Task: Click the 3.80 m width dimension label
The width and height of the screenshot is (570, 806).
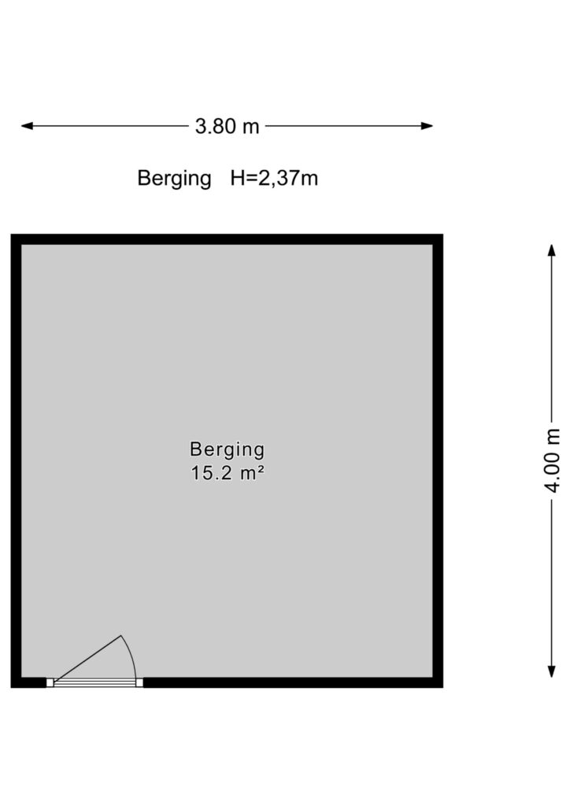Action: pos(227,126)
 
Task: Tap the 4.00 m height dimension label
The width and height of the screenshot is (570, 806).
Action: pos(552,460)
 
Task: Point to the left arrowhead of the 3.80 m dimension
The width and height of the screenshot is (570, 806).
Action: pos(27,126)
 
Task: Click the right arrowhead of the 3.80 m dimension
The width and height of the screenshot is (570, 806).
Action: pos(427,126)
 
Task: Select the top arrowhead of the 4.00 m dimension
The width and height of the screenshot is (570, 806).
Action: pos(551,250)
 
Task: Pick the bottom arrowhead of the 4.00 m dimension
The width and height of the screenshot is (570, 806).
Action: pos(551,671)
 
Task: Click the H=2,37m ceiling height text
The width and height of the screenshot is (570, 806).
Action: pos(274,179)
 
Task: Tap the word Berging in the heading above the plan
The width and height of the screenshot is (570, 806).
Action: pos(174,179)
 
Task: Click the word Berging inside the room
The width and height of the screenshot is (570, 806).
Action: pos(228,449)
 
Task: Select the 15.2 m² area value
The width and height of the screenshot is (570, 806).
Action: pos(228,473)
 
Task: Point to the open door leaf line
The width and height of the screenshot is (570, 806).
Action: pos(87,659)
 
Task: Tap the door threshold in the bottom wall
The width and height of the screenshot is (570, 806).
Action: pos(94,682)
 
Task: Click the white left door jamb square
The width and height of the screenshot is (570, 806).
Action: pos(50,682)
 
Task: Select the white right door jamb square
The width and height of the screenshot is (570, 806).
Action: pos(139,682)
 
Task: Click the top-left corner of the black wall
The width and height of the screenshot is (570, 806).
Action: pos(11,235)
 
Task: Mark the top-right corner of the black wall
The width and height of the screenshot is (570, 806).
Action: pos(442,235)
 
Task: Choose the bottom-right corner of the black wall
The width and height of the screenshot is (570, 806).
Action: pos(442,687)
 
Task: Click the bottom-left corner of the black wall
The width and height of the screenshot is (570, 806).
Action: pos(11,687)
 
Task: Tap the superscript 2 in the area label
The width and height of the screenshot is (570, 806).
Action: pos(261,469)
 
